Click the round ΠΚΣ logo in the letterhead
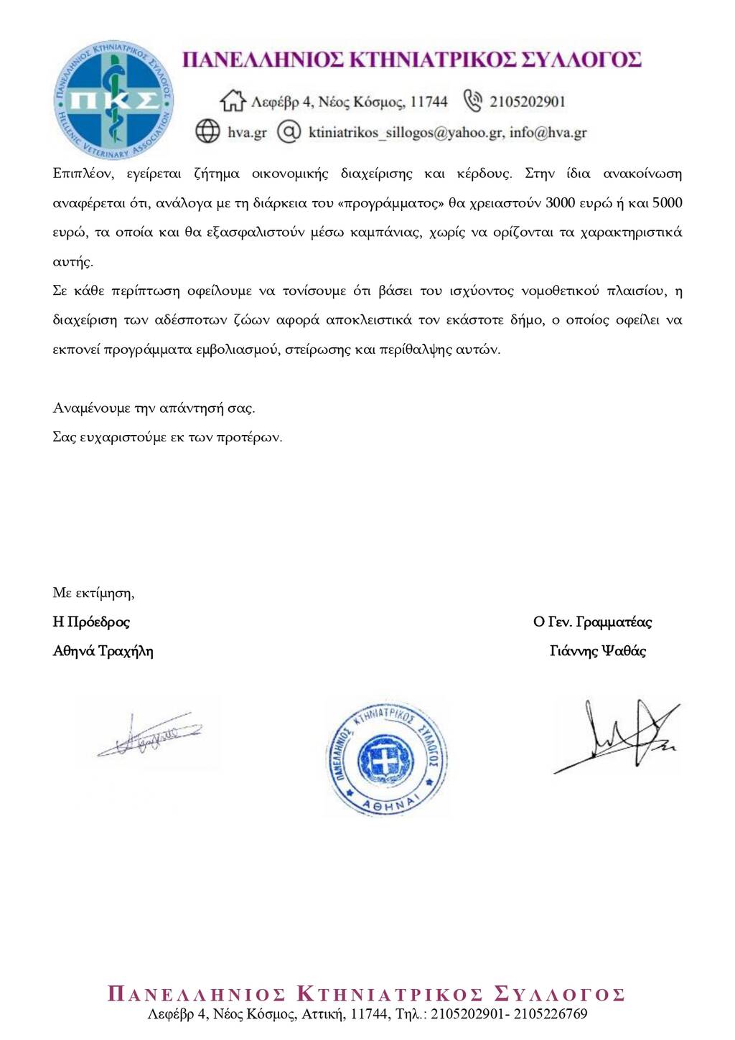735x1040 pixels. tap(113, 100)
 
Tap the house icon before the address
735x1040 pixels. tap(233, 101)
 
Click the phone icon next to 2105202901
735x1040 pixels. tap(472, 100)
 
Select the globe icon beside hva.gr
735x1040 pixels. tap(208, 131)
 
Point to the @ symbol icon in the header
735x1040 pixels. tap(289, 131)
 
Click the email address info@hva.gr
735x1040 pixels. tap(548, 132)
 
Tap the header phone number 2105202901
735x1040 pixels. tap(528, 102)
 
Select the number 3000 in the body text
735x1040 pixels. tap(560, 203)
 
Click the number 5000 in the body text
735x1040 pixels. tap(667, 203)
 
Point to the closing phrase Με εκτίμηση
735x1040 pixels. tap(93, 593)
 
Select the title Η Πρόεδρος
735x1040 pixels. tap(91, 622)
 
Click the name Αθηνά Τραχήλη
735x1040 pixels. tap(103, 651)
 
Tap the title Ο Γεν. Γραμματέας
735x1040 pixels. tap(592, 622)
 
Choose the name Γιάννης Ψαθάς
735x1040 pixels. tap(597, 651)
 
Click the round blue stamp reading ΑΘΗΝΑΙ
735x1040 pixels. tap(386, 758)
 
